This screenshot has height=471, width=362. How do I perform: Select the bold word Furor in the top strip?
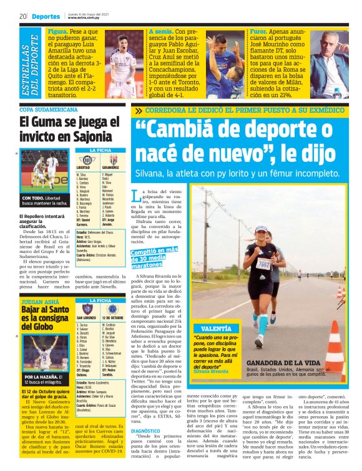(x=260, y=31)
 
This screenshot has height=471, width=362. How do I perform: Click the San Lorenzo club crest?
(x=87, y=309)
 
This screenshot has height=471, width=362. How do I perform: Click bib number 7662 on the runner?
(x=263, y=265)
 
